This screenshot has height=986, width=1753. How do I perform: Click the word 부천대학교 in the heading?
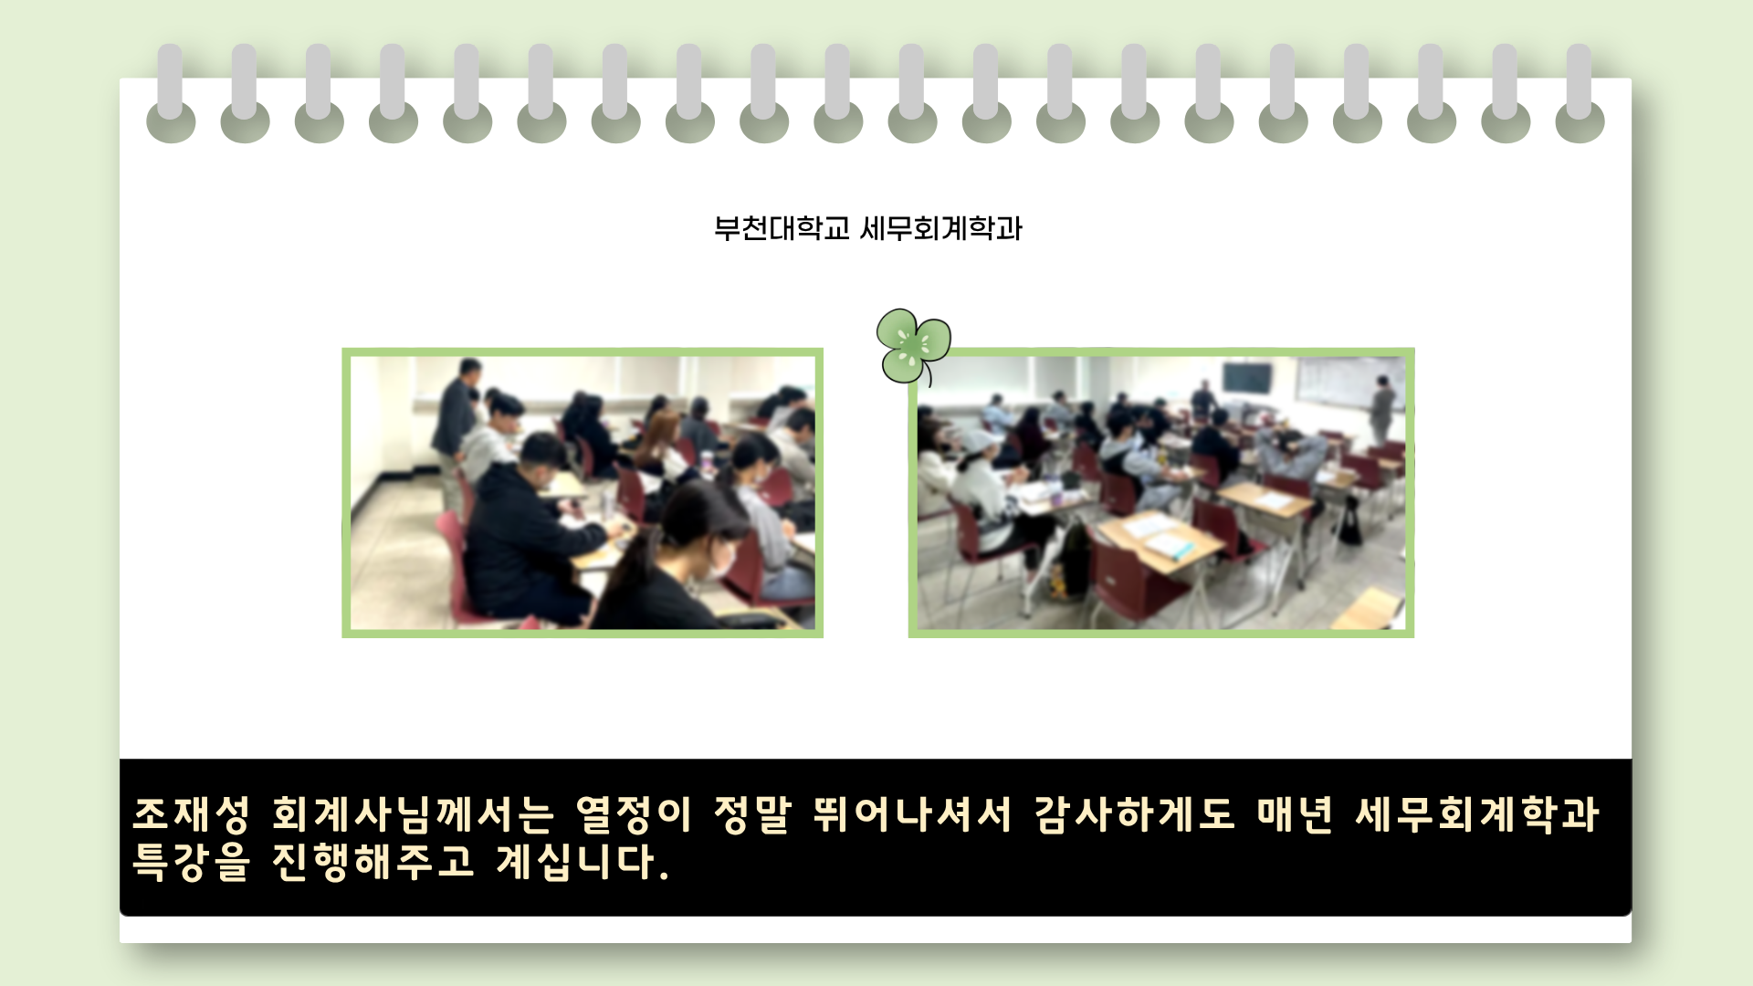782,228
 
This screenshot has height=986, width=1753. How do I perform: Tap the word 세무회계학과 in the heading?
941,228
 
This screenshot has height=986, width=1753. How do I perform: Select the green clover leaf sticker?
913,346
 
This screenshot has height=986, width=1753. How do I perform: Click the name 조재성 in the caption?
191,814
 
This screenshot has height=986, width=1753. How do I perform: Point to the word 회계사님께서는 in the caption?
413,814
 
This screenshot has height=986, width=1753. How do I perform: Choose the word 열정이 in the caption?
633,814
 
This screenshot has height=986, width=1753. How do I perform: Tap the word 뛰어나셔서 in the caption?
912,814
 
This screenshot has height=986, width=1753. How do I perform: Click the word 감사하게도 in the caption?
1134,814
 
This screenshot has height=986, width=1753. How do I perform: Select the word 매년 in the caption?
1295,814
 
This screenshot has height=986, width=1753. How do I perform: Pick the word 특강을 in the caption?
191,862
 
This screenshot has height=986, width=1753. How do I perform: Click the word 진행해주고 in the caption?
373,862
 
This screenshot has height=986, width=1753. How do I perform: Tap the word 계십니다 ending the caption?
577,862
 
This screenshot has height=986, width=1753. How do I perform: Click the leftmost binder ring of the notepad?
171,93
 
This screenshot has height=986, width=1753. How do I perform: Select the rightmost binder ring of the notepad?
1580,93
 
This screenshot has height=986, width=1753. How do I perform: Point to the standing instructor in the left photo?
456,429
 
